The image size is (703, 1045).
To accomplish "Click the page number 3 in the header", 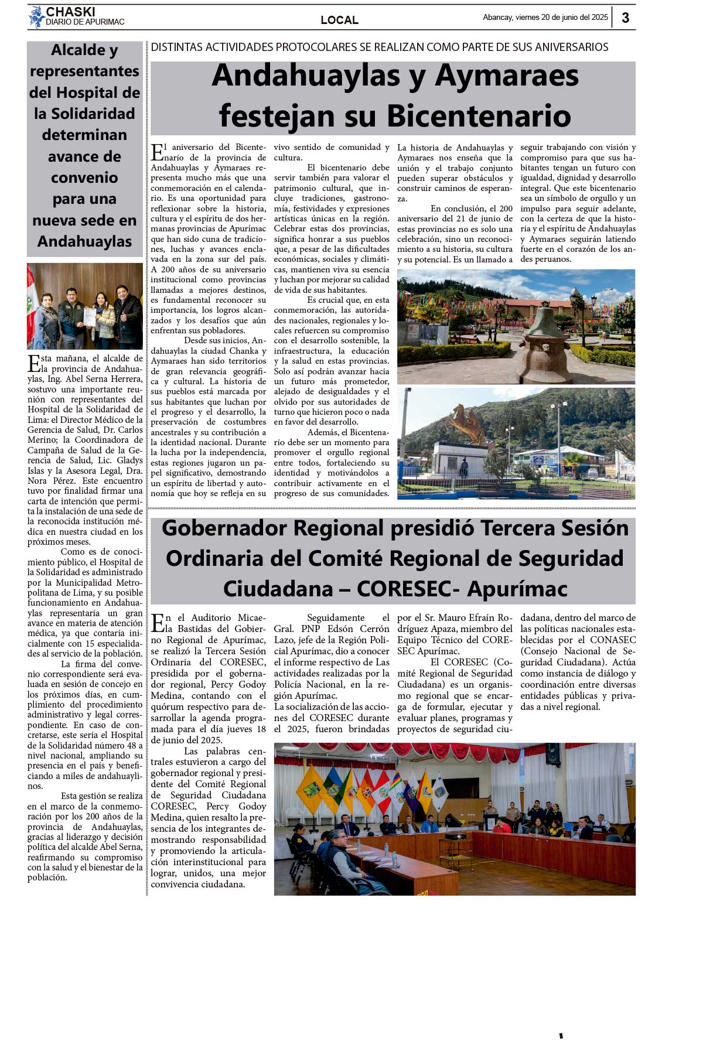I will click(x=626, y=18).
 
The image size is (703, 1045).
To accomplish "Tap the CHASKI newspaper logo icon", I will click(x=36, y=16).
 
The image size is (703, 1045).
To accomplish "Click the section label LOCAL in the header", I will click(x=339, y=20).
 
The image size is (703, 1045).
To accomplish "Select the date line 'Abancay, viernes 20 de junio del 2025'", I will click(x=545, y=18).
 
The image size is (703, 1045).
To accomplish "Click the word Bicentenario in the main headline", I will click(x=479, y=115).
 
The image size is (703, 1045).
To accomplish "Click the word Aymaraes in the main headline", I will click(x=507, y=76).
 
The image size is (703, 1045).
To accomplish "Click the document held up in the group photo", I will click(x=89, y=316).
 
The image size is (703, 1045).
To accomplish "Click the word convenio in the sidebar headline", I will click(x=84, y=177).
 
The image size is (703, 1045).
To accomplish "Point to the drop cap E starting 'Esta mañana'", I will click(x=33, y=363).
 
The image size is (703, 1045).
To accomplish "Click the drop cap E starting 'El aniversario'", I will click(x=157, y=152).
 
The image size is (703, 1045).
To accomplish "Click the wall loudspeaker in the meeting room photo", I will click(x=552, y=754).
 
